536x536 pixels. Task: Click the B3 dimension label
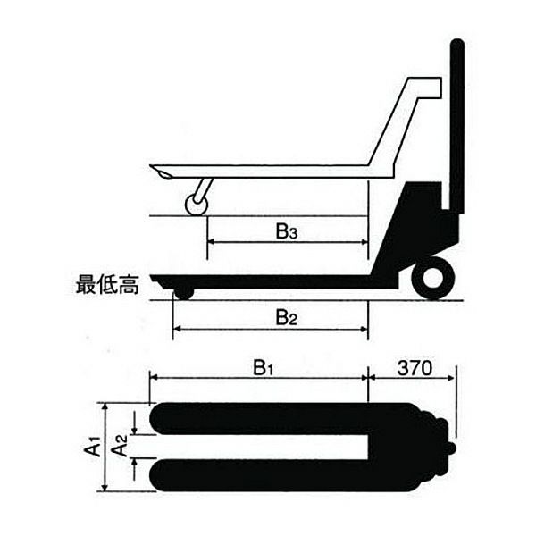[x=286, y=234]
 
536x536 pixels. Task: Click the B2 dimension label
[x=286, y=316]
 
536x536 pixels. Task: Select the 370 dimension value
[x=414, y=367]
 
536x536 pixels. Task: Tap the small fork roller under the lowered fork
[x=183, y=291]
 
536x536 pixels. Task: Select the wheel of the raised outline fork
[x=196, y=205]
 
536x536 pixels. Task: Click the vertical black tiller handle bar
[x=456, y=125]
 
